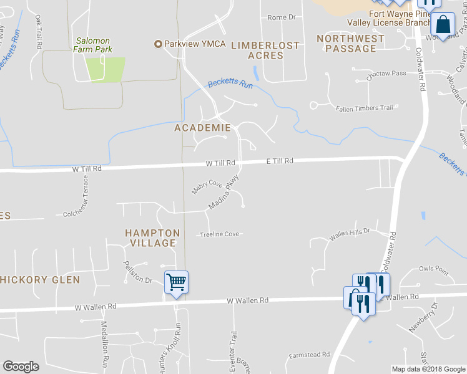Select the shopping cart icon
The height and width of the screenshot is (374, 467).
pyautogui.click(x=176, y=282)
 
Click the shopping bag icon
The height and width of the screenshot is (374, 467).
pyautogui.click(x=443, y=25)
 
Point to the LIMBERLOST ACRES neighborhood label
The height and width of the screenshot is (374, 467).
pyautogui.click(x=265, y=50)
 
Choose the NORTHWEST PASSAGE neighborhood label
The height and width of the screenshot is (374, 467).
pyautogui.click(x=351, y=43)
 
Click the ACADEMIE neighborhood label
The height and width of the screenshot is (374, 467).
pyautogui.click(x=202, y=128)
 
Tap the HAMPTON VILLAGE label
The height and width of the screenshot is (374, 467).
pyautogui.click(x=152, y=238)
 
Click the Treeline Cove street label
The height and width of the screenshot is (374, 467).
pyautogui.click(x=219, y=234)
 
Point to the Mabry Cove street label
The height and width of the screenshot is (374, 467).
pyautogui.click(x=207, y=188)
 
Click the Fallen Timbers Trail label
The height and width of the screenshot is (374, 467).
pyautogui.click(x=365, y=108)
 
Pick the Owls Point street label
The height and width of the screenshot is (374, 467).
pyautogui.click(x=434, y=269)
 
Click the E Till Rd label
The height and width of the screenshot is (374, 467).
pyautogui.click(x=279, y=161)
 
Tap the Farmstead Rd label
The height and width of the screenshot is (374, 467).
pyautogui.click(x=309, y=355)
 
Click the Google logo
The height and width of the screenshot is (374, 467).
pyautogui.click(x=21, y=367)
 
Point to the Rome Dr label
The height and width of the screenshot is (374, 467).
pyautogui.click(x=281, y=17)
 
